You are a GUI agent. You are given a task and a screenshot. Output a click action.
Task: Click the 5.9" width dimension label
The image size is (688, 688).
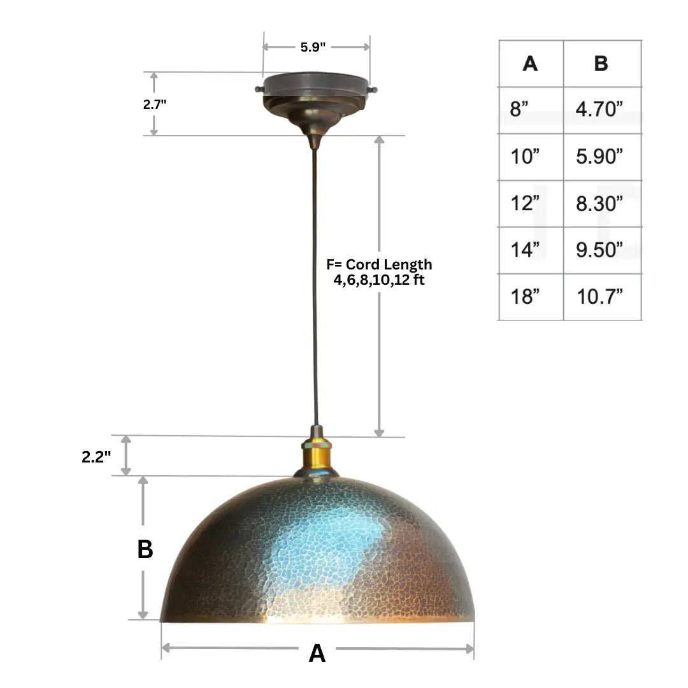313,47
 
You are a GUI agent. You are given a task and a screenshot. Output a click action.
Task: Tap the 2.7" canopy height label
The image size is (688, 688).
154,104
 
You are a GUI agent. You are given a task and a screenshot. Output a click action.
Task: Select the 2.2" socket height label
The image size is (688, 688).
96,456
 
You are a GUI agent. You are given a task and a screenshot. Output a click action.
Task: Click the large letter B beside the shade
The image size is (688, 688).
145,550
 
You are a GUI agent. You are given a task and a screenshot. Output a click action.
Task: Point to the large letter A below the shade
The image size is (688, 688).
317,653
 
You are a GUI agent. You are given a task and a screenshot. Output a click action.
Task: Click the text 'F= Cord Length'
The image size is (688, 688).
379,264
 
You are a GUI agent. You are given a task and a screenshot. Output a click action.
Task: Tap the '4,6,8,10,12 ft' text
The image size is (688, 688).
379,280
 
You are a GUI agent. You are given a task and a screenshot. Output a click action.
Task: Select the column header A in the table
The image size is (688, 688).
530,64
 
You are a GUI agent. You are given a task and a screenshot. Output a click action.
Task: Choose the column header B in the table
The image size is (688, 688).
601,64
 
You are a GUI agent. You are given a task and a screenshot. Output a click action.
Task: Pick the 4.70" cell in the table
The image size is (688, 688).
599,110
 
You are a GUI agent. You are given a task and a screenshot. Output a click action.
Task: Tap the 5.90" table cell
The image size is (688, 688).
599,157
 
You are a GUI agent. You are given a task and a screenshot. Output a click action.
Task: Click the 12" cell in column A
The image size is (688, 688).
525,204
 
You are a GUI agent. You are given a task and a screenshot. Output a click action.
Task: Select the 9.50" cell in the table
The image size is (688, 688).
599,250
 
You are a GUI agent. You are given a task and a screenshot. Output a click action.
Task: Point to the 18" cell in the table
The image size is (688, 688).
525,297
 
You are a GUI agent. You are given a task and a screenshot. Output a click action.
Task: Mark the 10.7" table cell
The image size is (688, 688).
599,297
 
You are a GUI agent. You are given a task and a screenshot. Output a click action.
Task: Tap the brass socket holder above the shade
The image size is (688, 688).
317,454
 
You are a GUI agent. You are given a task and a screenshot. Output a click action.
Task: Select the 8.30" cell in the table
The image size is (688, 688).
599,204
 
